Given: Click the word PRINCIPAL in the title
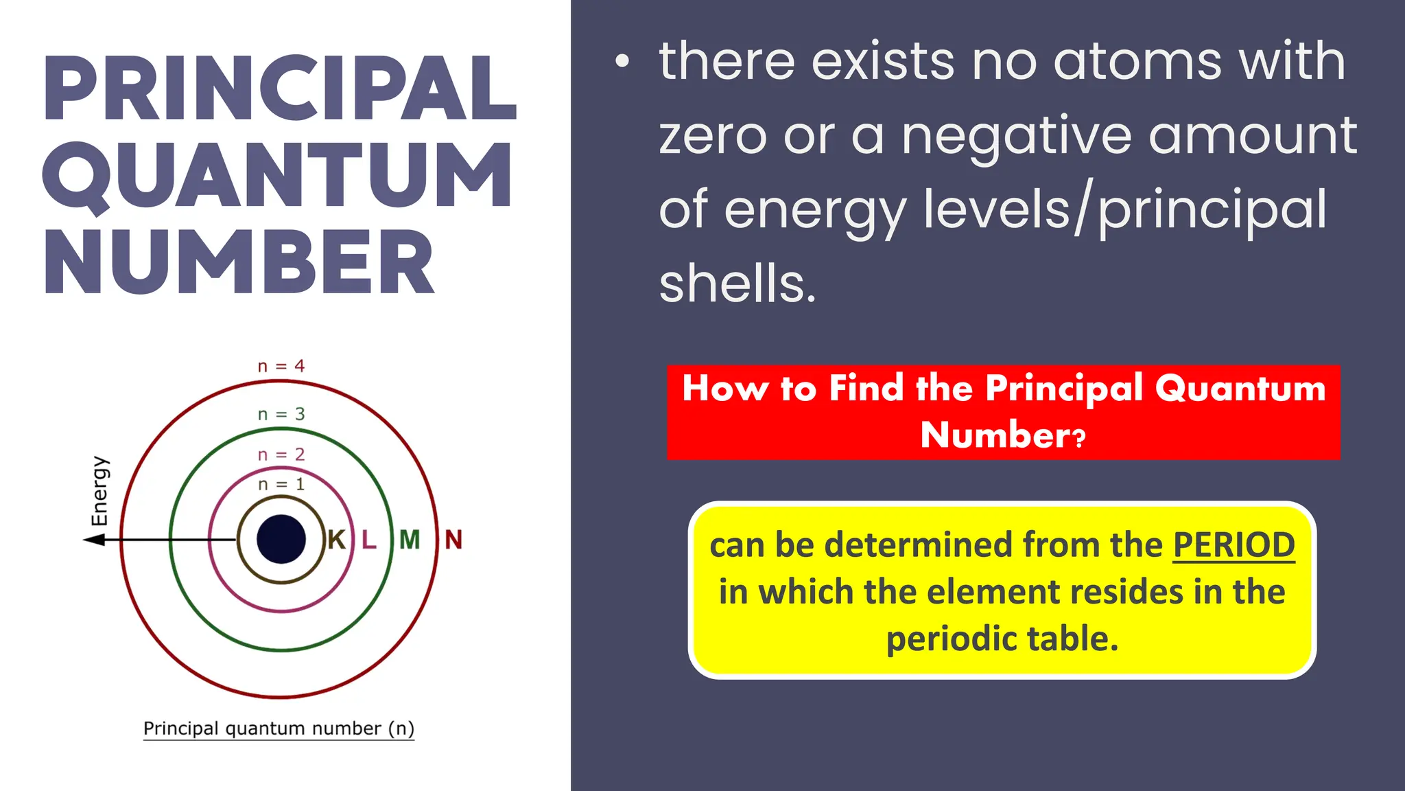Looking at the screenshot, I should [x=280, y=89].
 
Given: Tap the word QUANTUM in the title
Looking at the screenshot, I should [x=277, y=176].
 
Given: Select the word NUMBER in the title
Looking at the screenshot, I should [x=239, y=263].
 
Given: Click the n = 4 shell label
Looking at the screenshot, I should [x=281, y=367].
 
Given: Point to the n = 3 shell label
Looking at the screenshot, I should [x=281, y=415].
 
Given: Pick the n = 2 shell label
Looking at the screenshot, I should [x=281, y=455].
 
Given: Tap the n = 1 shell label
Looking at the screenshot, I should [x=281, y=485].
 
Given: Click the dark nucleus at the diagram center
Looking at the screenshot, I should [x=281, y=540].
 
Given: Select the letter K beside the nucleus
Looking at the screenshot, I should [x=336, y=540].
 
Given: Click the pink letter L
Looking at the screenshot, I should [x=369, y=540].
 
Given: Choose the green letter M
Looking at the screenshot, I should [x=410, y=540].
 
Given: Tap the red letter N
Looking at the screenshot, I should [x=453, y=540].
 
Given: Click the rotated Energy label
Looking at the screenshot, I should [x=99, y=491].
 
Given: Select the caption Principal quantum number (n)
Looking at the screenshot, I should [x=279, y=729].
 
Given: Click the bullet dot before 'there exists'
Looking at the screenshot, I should [x=622, y=62].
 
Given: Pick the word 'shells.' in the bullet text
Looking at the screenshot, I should [x=737, y=284].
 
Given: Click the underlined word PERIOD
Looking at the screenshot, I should [x=1233, y=546].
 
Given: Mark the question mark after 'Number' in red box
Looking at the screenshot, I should [x=1080, y=437].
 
